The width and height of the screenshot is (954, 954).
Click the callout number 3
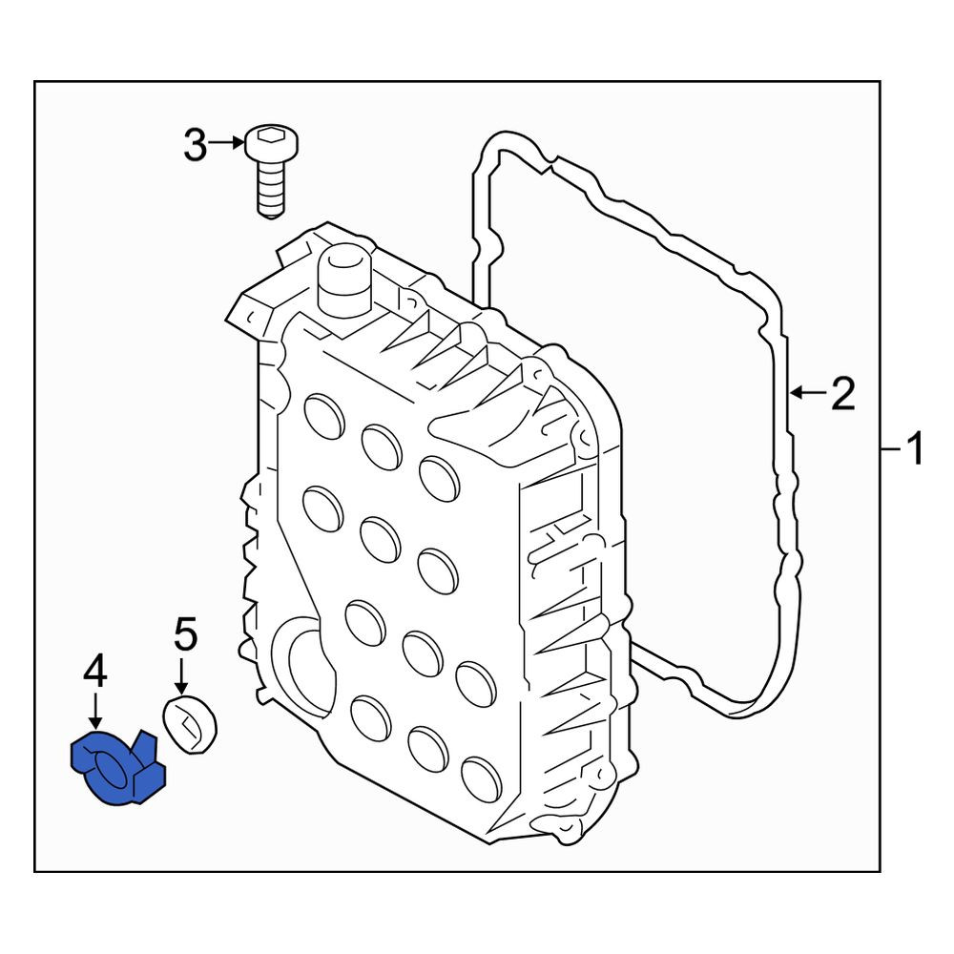click(x=196, y=146)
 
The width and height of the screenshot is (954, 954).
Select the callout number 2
click(x=843, y=394)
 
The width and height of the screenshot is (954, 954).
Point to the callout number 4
click(x=95, y=674)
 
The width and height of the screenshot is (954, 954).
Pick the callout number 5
click(x=186, y=634)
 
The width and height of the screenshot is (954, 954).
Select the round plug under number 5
click(x=190, y=726)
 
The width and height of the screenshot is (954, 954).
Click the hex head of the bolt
click(x=272, y=146)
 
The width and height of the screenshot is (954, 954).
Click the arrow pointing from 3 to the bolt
click(x=226, y=144)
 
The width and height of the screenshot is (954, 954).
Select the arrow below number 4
click(x=94, y=713)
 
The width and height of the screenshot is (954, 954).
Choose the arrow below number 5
click(x=180, y=676)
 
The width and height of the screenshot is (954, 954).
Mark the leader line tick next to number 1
click(x=891, y=449)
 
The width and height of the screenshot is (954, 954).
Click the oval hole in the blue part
click(x=110, y=764)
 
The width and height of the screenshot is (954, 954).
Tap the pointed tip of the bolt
click(x=271, y=216)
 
